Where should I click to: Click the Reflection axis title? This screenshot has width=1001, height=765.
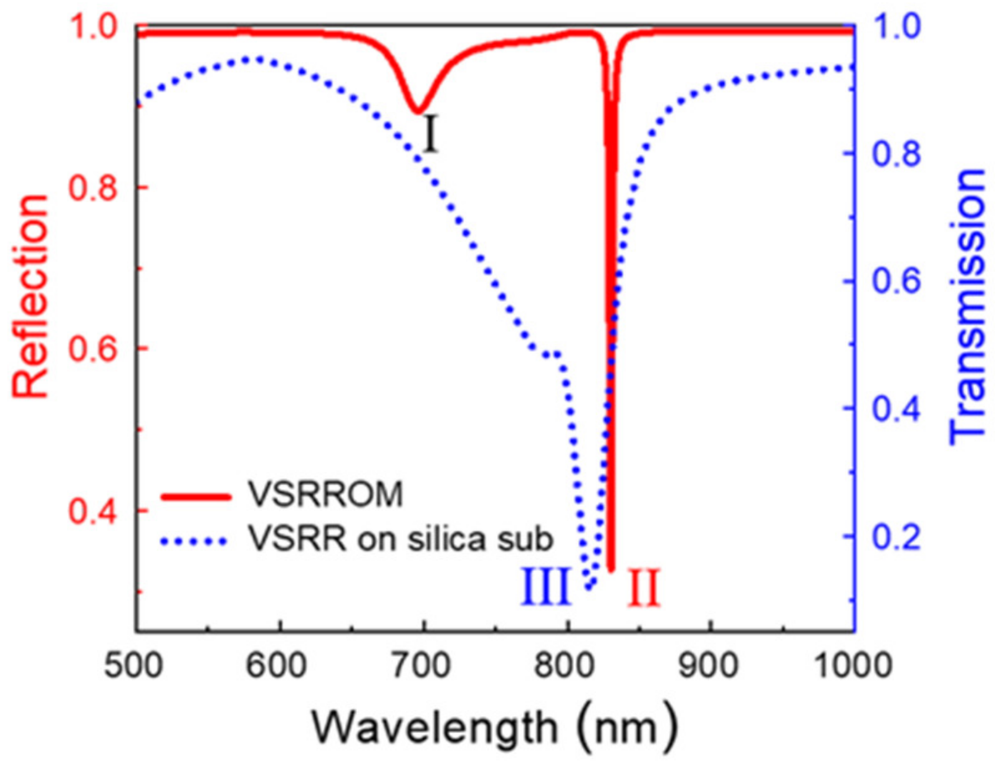pyautogui.click(x=30, y=297)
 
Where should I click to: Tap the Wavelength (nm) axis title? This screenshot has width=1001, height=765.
pyautogui.click(x=494, y=726)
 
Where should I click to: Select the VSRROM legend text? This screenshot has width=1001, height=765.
pyautogui.click(x=325, y=495)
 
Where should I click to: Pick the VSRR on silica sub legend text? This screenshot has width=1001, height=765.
pyautogui.click(x=400, y=538)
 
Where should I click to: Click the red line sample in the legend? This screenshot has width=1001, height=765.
pyautogui.click(x=196, y=497)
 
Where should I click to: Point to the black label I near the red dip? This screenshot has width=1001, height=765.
pyautogui.click(x=429, y=135)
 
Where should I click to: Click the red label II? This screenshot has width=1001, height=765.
pyautogui.click(x=643, y=588)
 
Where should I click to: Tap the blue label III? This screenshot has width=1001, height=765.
pyautogui.click(x=545, y=587)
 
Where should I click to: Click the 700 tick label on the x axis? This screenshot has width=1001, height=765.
pyautogui.click(x=424, y=665)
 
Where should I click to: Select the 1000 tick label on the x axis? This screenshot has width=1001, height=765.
pyautogui.click(x=852, y=665)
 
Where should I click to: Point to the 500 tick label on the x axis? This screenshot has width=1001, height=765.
pyautogui.click(x=133, y=665)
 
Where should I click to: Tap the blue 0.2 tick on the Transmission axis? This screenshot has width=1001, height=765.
pyautogui.click(x=895, y=536)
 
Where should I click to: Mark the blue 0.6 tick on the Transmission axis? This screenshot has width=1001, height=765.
pyautogui.click(x=895, y=282)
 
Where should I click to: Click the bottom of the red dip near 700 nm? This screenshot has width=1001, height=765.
pyautogui.click(x=418, y=111)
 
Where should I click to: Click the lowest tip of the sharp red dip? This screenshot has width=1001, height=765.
pyautogui.click(x=611, y=568)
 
